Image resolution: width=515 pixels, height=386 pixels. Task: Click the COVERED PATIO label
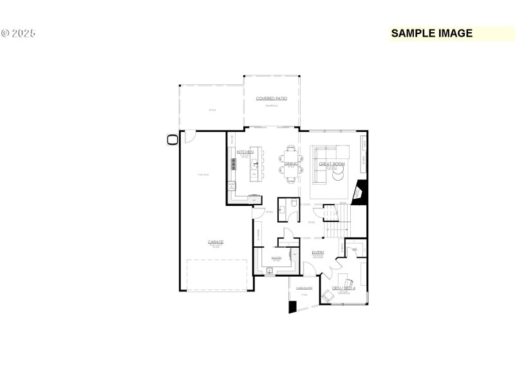[271, 98]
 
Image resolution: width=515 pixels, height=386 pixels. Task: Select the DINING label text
[290, 164]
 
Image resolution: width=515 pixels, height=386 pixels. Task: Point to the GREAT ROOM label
[332, 164]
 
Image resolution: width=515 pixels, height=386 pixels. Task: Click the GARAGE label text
[216, 243]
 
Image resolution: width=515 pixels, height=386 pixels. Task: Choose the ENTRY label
[318, 253]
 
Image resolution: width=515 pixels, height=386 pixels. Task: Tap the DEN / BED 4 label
[343, 288]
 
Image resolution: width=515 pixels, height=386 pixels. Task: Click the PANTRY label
[276, 257]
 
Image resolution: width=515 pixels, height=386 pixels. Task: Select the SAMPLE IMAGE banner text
[432, 33]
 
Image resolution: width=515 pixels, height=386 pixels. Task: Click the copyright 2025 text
[18, 33]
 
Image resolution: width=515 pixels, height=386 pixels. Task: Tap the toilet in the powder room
[293, 204]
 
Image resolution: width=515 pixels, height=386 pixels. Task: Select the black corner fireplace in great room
[360, 192]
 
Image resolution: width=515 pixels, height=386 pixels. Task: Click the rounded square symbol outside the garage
[173, 140]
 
